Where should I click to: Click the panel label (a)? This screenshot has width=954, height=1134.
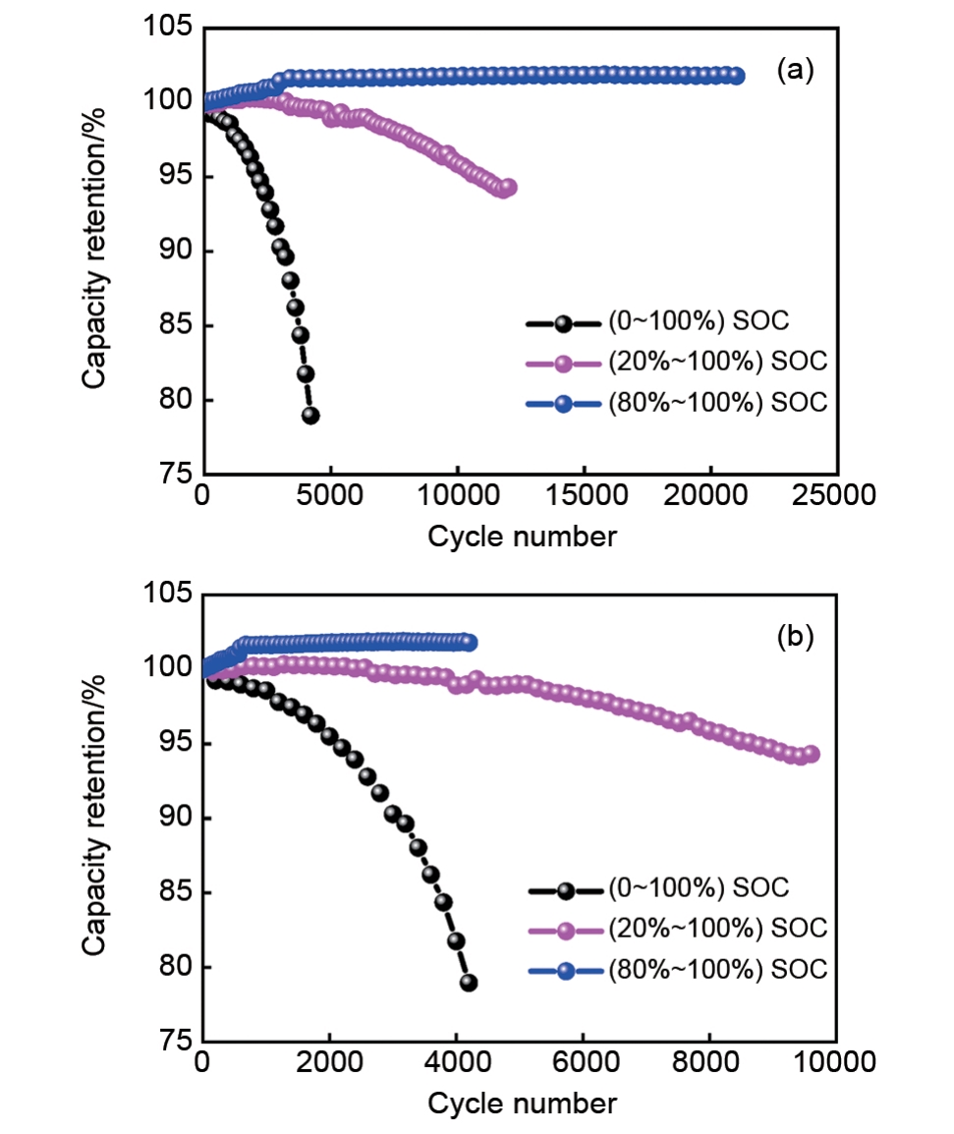coord(794,70)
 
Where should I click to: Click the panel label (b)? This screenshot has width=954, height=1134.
coord(794,637)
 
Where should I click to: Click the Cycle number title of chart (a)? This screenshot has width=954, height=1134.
coord(522,537)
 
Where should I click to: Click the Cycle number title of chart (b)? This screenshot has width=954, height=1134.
coord(522,1104)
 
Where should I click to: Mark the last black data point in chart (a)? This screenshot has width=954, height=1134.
coord(310,415)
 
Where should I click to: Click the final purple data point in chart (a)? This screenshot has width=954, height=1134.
coord(507,187)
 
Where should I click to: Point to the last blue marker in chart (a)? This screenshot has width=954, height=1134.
coord(735,76)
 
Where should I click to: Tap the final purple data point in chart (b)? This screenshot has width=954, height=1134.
coord(811,755)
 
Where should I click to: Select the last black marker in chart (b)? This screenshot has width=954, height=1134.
coord(469,983)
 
